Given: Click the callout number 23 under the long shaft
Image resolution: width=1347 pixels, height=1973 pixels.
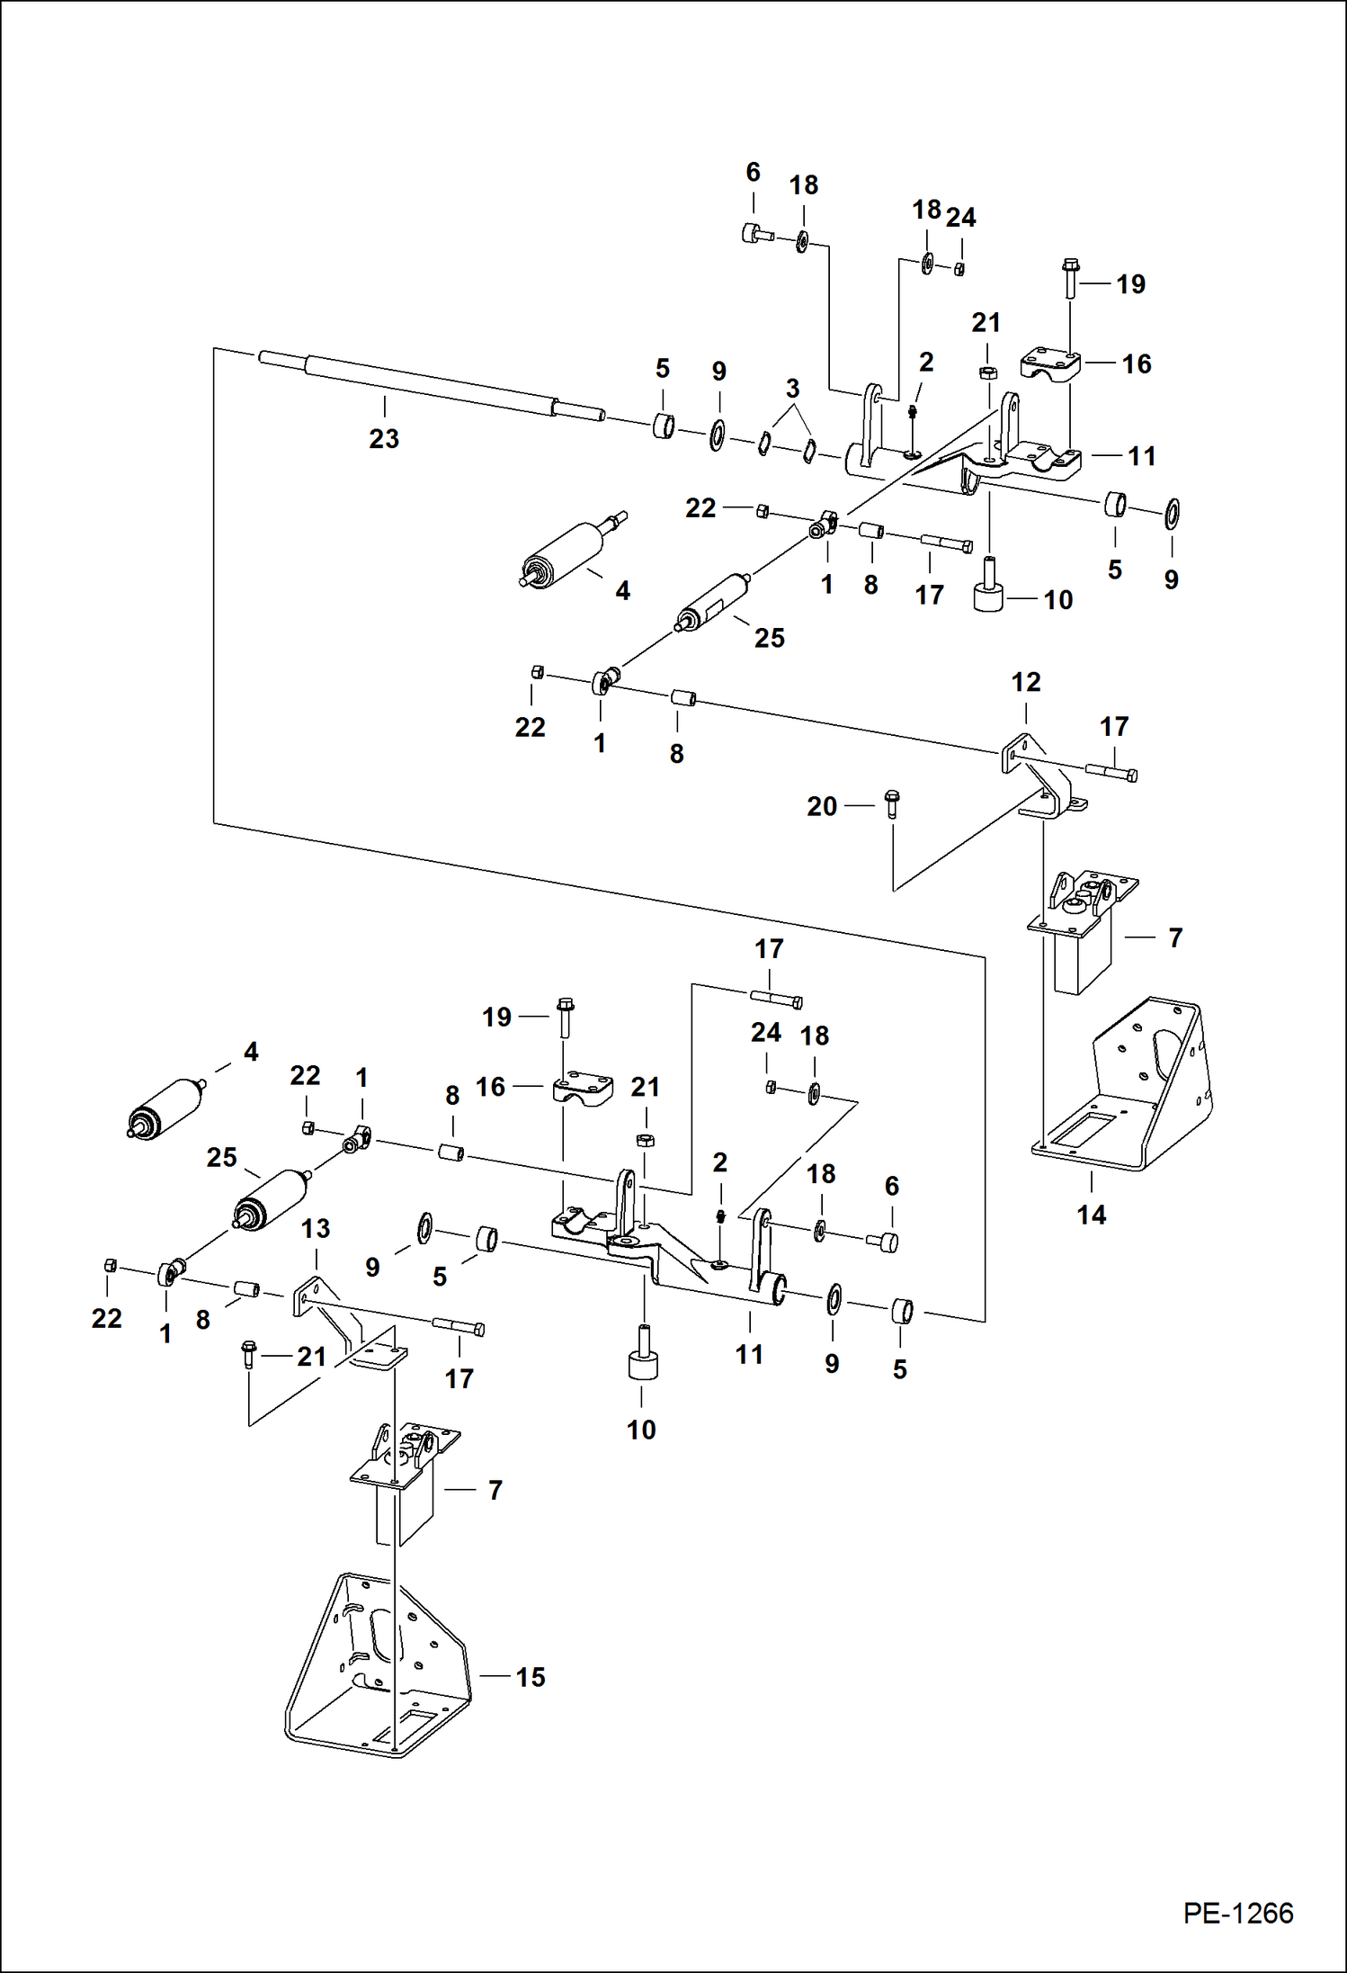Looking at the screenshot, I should [384, 439].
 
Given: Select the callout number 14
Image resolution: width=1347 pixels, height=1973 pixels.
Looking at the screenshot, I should [1091, 1215].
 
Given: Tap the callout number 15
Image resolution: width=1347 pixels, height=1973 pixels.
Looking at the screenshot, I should [530, 1677].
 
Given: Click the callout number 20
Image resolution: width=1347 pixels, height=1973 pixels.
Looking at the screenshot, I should [822, 806].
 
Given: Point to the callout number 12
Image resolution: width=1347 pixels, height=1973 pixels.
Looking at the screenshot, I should [1025, 682].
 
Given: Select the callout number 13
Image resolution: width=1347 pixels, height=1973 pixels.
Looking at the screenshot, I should [316, 1228].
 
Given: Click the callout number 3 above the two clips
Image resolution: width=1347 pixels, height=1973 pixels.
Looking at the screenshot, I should [792, 389].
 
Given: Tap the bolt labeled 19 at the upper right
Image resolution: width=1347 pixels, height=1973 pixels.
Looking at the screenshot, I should [1070, 278].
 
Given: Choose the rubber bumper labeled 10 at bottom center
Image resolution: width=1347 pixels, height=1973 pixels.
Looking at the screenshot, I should [642, 1361].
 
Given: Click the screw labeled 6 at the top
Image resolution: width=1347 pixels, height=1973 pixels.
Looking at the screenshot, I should [757, 235].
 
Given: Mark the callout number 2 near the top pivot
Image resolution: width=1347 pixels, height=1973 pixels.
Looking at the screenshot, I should [926, 362].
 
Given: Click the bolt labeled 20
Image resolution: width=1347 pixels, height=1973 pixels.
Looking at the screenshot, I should [892, 802].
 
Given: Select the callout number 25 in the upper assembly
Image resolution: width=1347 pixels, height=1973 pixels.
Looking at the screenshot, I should [769, 638].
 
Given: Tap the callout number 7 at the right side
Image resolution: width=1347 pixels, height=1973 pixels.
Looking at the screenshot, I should [1174, 937].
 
